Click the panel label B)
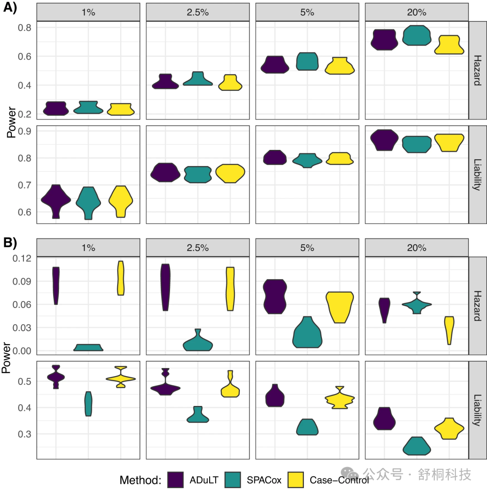(10, 243)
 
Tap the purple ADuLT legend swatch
(175, 480)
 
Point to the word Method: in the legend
(140, 480)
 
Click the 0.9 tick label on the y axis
(25, 131)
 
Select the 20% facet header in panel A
(417, 13)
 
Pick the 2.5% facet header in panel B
(198, 247)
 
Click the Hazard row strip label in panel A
(478, 70)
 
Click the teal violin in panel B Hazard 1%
(88, 347)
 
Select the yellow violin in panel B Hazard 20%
(449, 330)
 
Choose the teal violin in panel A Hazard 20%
(417, 36)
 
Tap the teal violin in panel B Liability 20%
(417, 447)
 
